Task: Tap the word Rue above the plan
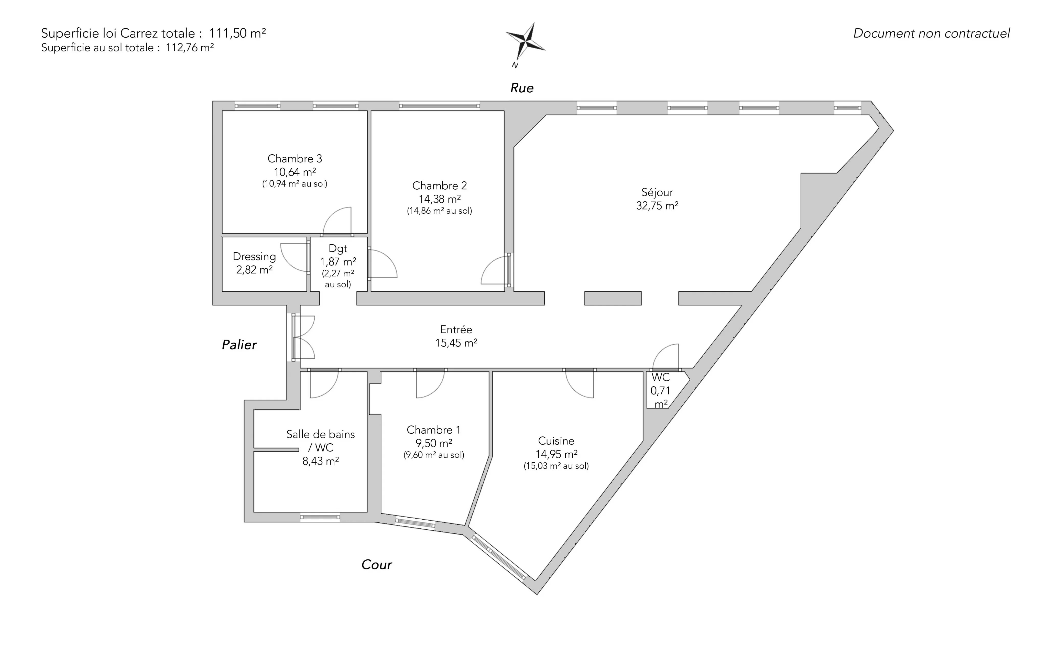click(x=522, y=88)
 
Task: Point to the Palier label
click(x=239, y=345)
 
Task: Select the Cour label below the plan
click(x=376, y=564)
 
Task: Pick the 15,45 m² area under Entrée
click(x=456, y=343)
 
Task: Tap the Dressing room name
click(x=254, y=257)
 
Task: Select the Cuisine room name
click(x=556, y=441)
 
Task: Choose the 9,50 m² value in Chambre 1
click(x=433, y=443)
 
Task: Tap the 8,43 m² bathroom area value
click(x=321, y=461)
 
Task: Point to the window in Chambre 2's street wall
click(x=440, y=106)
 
